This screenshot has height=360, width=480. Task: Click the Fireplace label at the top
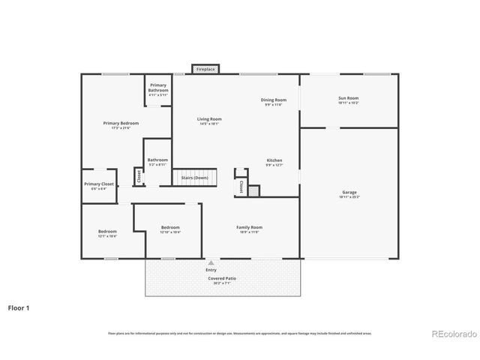click(205, 69)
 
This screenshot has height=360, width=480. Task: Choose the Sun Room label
click(349, 99)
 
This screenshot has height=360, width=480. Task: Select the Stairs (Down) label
click(194, 178)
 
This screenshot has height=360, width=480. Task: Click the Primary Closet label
click(99, 185)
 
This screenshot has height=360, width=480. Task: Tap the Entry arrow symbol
click(211, 263)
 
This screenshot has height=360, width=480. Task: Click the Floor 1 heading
click(19, 307)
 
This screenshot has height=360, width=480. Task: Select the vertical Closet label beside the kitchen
click(241, 185)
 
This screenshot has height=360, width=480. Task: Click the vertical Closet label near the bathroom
click(139, 176)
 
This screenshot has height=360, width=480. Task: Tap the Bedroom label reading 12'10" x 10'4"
click(170, 229)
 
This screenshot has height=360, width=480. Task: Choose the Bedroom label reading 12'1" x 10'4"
click(107, 233)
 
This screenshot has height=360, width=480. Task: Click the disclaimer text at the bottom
click(240, 333)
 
